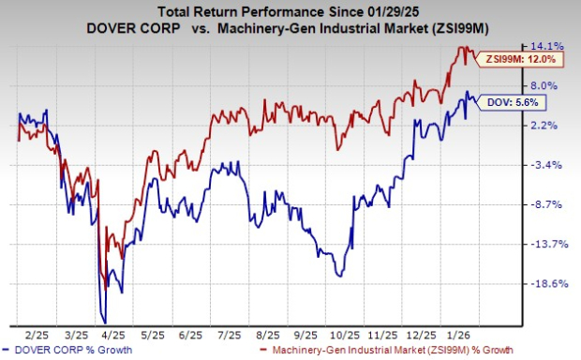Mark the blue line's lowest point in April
pos(106,320)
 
